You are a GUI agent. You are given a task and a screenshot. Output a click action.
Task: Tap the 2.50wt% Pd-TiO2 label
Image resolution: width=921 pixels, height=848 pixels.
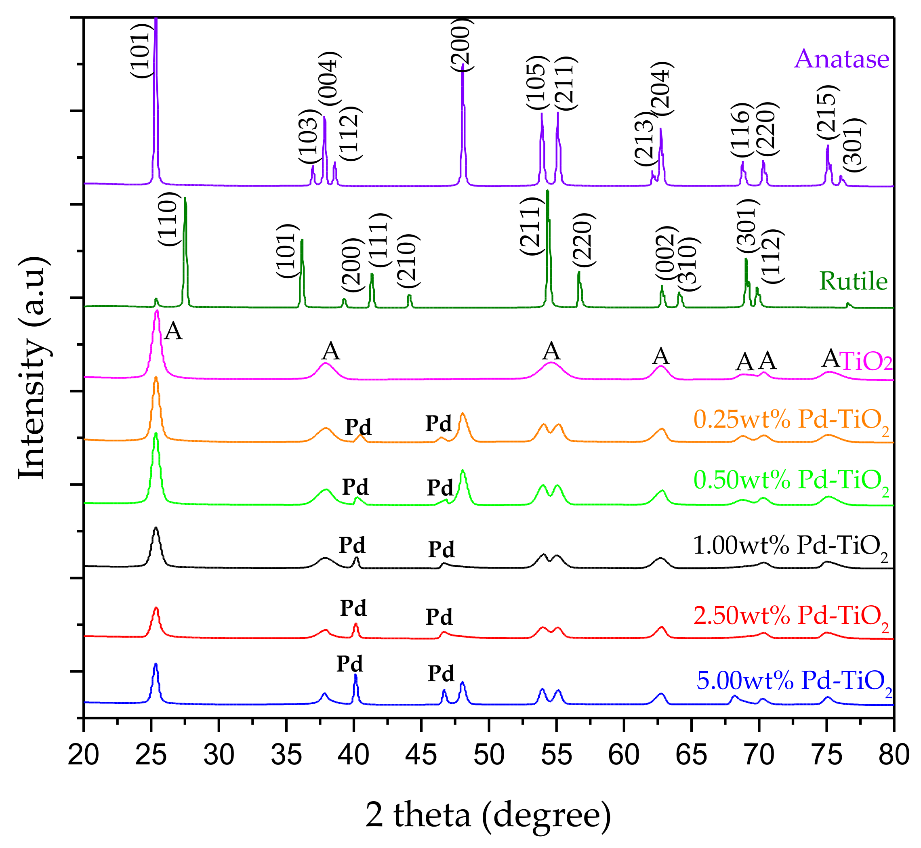pos(791,615)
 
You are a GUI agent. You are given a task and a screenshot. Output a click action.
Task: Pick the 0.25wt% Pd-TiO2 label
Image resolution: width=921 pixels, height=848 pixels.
pos(791,420)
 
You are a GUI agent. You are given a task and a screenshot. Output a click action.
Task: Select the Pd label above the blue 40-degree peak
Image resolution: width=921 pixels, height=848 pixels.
pos(349,664)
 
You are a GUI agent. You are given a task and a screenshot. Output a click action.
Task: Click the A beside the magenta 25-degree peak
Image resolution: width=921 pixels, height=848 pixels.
pos(174,331)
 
